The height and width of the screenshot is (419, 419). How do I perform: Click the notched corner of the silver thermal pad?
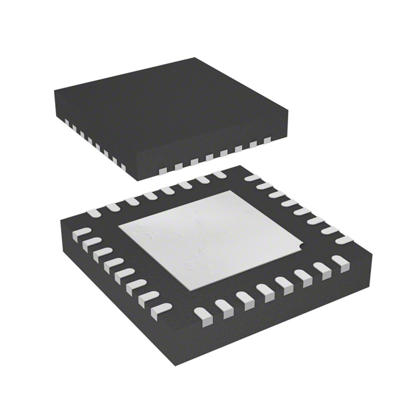tap(300, 244)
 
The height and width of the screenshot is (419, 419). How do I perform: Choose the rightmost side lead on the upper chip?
tap(267, 140)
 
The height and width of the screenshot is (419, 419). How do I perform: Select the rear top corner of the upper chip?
tap(195, 58)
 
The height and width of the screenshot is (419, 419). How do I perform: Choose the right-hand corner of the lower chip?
tap(373, 251)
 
